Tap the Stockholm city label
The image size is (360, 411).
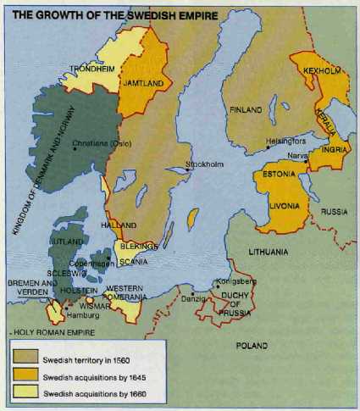point(207,164)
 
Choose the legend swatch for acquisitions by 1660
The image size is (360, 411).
point(27,392)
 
